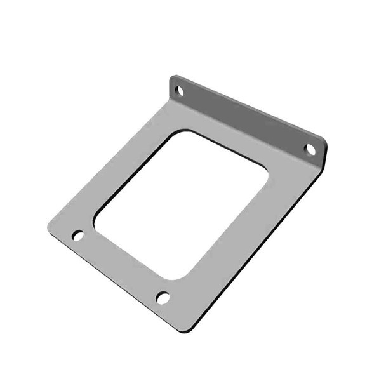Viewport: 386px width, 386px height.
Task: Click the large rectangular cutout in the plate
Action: [x=181, y=203]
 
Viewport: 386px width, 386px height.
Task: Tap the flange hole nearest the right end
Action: [x=310, y=149]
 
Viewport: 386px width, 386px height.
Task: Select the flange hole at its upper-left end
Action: [x=180, y=91]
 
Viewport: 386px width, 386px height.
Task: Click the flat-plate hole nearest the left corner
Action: [x=78, y=236]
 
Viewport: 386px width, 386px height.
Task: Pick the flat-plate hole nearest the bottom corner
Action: [x=163, y=297]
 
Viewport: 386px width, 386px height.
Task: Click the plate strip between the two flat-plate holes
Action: [x=121, y=267]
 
